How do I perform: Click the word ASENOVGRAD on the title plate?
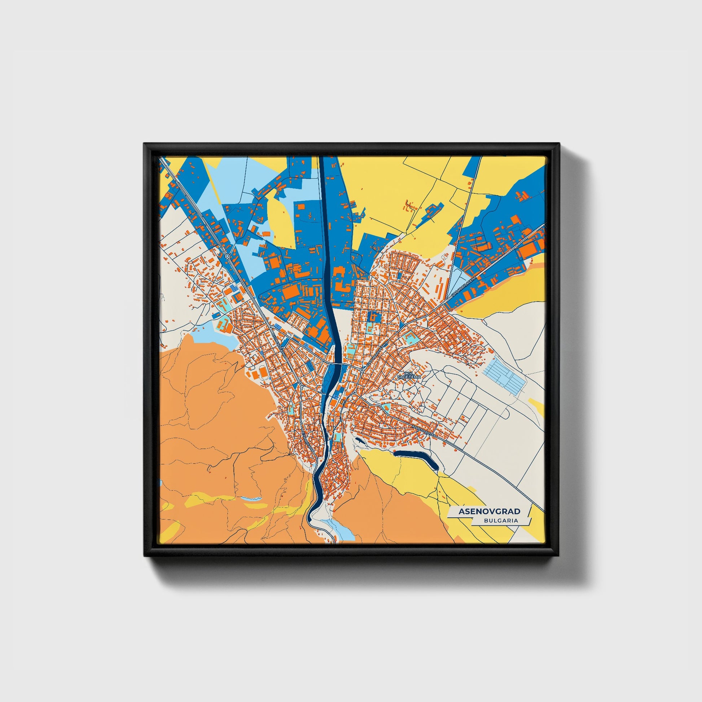click(489, 512)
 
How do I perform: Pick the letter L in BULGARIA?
click(493, 520)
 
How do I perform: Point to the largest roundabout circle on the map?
click(228, 256)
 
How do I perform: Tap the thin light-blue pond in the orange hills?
click(250, 499)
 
